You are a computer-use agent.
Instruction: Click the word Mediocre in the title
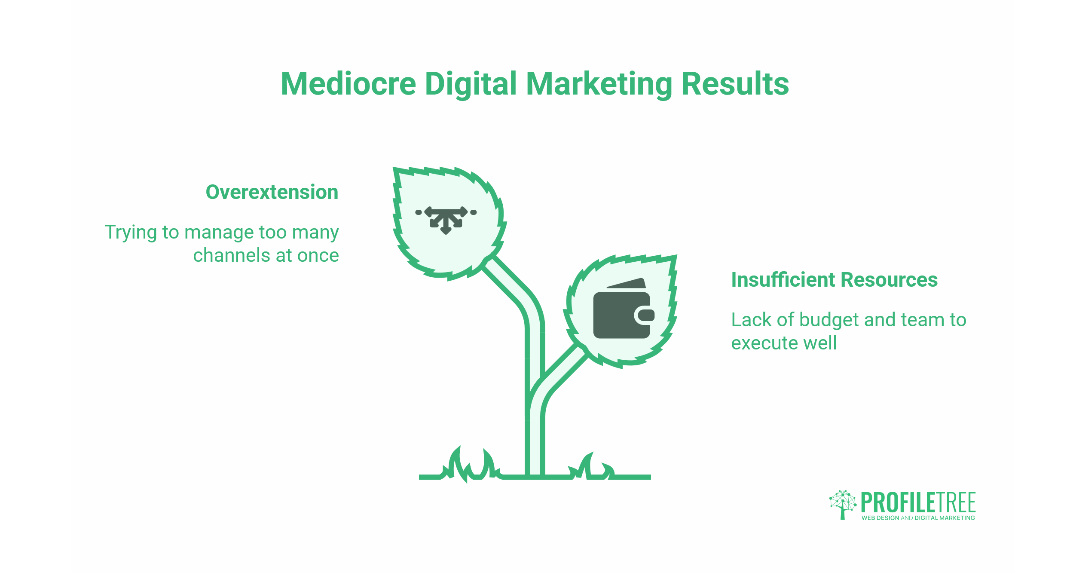click(x=348, y=84)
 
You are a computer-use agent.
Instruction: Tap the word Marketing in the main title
click(x=599, y=84)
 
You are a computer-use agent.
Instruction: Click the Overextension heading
click(x=272, y=192)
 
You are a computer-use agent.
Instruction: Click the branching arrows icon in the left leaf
click(x=446, y=219)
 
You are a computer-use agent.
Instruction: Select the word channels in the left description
click(x=232, y=255)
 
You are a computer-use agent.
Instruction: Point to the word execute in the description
click(x=759, y=343)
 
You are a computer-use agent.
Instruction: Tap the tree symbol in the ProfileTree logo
click(x=842, y=504)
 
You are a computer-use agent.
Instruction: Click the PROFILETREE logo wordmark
click(x=918, y=502)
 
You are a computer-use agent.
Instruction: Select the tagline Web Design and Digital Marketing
click(x=918, y=518)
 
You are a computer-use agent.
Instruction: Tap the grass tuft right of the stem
click(x=591, y=467)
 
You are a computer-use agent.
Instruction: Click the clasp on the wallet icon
click(x=645, y=315)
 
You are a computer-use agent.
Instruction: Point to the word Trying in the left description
click(x=131, y=233)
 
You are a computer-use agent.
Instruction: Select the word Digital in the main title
click(x=471, y=84)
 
